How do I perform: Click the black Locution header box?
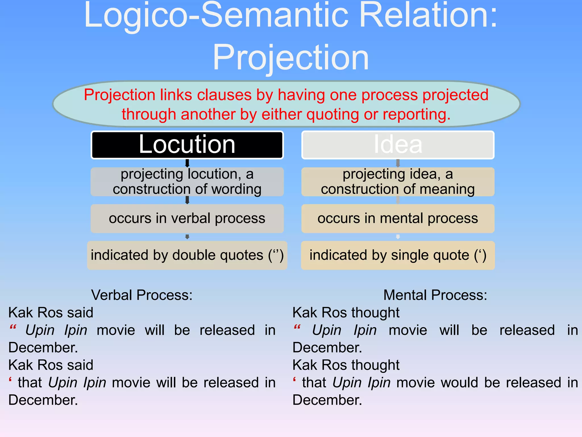pos(187,145)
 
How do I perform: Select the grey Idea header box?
pos(398,145)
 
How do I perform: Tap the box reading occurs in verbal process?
pos(187,218)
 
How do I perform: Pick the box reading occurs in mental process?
pos(398,218)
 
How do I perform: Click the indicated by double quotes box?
pos(187,255)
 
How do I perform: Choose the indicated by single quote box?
pos(398,255)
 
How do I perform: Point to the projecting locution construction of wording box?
pos(187,182)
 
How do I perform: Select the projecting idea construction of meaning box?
pos(398,182)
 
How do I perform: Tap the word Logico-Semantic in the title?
pos(216,16)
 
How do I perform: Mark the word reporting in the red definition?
pos(416,115)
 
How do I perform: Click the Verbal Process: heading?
pos(142,295)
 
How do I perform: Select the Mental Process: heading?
pos(435,295)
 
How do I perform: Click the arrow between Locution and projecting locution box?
pos(187,163)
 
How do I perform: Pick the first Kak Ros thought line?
pos(346,313)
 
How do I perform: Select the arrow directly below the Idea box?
pos(398,163)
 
